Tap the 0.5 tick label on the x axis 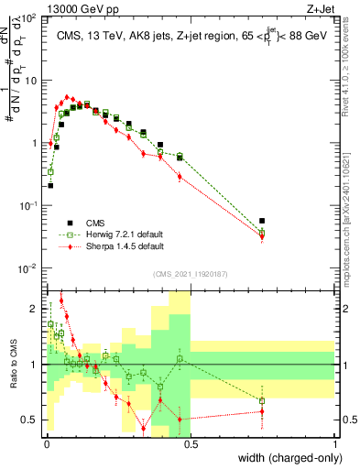pyautogui.click(x=191, y=443)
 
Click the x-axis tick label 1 pyautogui.click(x=335, y=443)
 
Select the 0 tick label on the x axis pyautogui.click(x=47, y=443)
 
